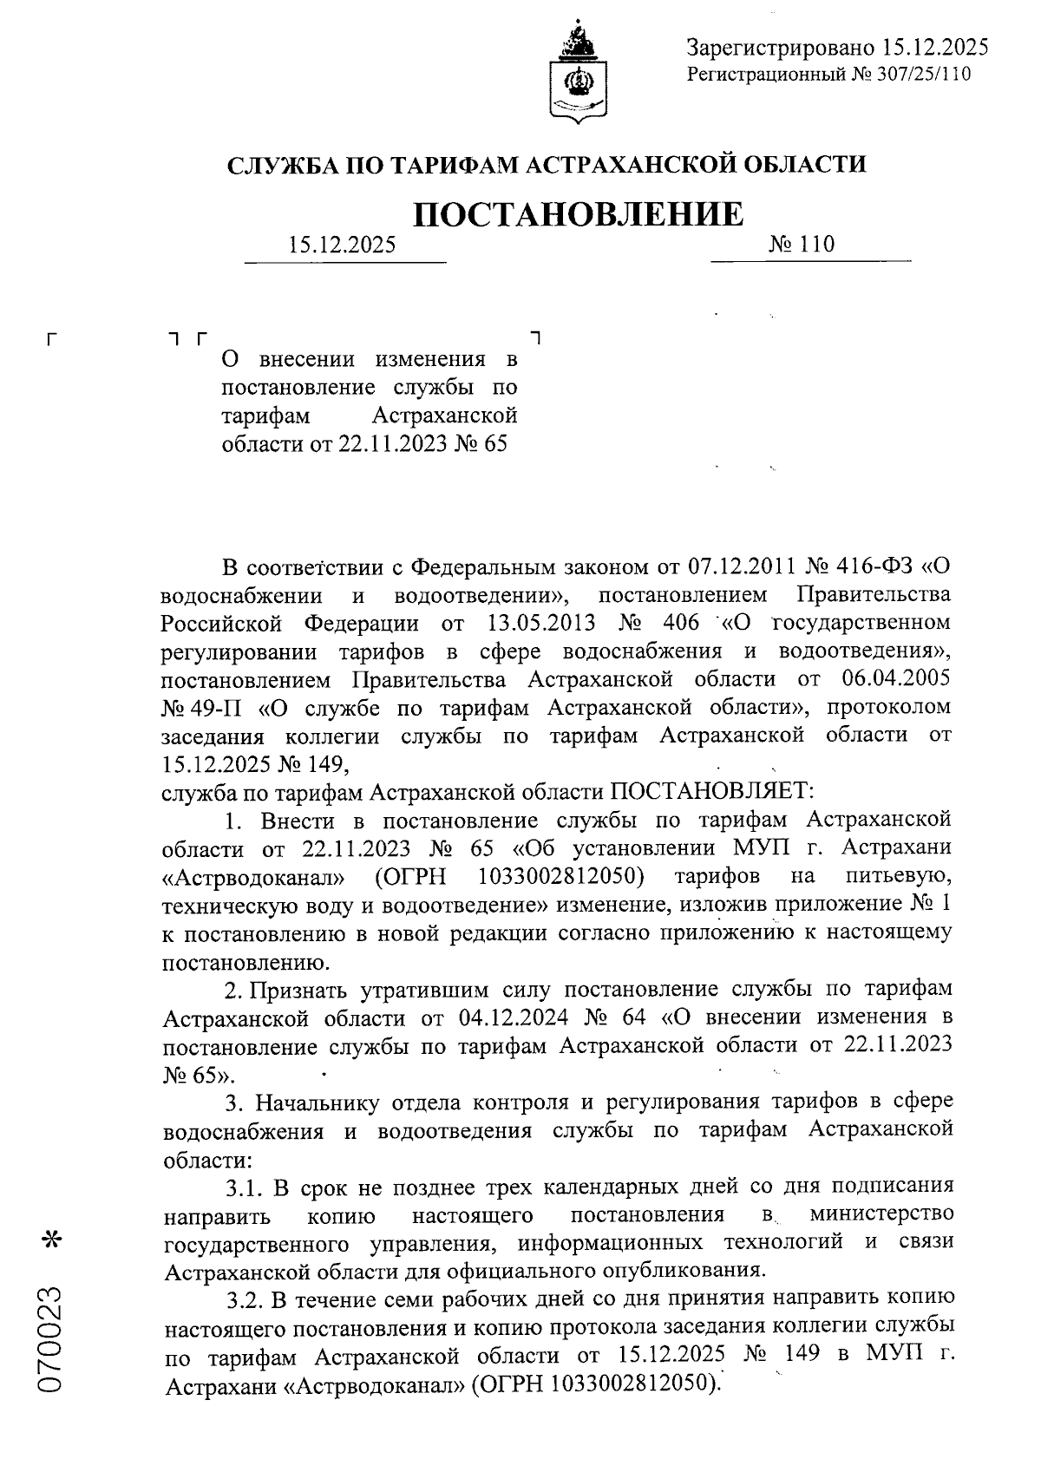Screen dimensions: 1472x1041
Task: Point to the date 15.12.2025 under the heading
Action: (343, 245)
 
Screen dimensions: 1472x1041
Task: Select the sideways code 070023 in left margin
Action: (52, 1341)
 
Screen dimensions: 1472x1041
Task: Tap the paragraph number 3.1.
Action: (246, 1186)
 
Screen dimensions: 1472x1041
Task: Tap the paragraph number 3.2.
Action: (246, 1299)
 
